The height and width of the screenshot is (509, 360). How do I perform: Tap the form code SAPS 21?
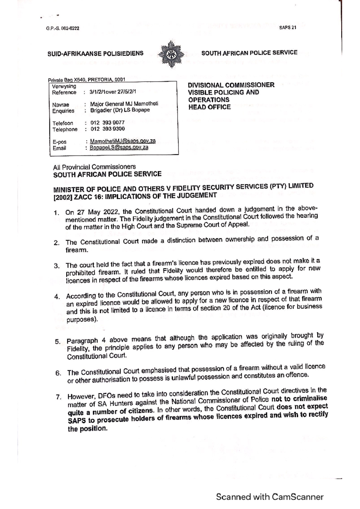click(x=287, y=28)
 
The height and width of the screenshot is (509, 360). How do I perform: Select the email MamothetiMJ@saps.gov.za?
click(x=123, y=141)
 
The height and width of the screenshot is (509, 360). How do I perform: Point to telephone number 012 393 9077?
click(x=107, y=123)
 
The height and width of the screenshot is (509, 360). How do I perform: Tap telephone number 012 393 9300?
click(x=107, y=129)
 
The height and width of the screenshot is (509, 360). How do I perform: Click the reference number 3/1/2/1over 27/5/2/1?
click(x=112, y=92)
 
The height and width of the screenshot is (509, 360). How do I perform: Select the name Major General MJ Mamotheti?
click(x=124, y=104)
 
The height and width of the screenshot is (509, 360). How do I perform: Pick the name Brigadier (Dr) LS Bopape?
click(x=120, y=110)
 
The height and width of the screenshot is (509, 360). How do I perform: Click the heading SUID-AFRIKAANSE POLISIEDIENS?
click(x=95, y=54)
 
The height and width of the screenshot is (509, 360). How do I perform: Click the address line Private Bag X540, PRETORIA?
click(x=86, y=80)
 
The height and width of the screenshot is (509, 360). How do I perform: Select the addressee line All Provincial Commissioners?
click(x=94, y=167)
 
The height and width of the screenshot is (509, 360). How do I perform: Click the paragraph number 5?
click(x=58, y=342)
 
